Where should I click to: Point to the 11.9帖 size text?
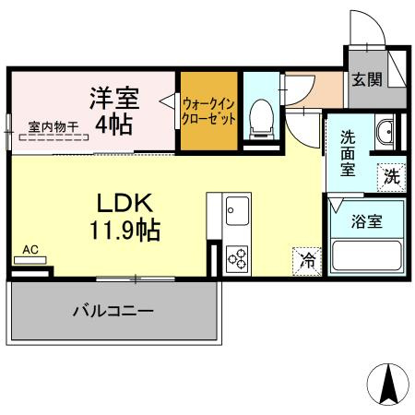[125, 229]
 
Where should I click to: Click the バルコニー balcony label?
[113, 311]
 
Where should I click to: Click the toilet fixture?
[259, 115]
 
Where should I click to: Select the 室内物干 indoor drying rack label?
[53, 127]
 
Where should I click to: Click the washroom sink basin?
[385, 131]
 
